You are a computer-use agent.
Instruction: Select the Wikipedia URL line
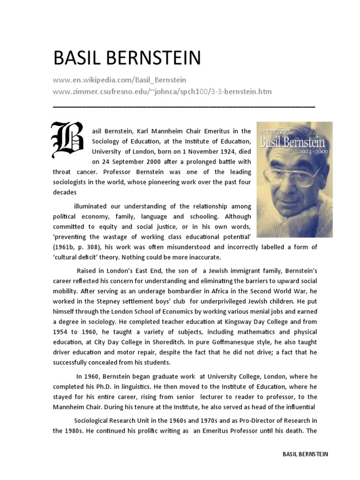pyautogui.click(x=120, y=80)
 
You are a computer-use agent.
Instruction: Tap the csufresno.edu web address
pyautogui.click(x=162, y=91)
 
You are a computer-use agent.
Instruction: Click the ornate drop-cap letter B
pyautogui.click(x=67, y=139)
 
